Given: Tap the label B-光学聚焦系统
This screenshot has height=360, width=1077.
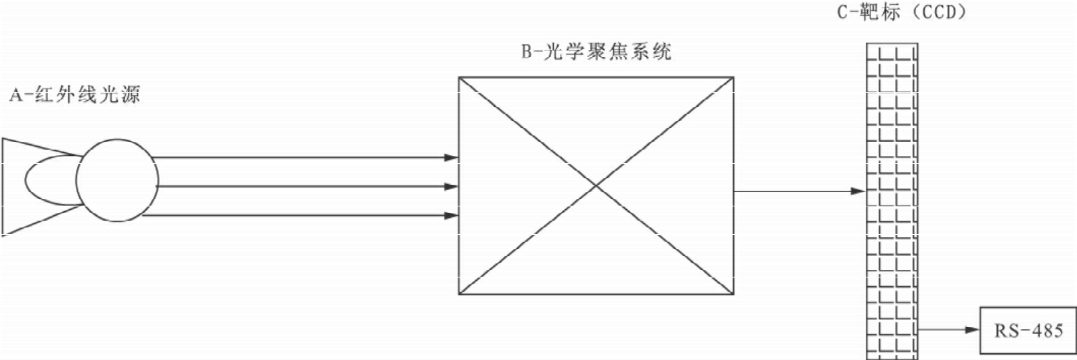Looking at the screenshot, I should click(x=596, y=52).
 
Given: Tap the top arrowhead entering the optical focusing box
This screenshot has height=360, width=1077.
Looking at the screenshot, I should click(x=451, y=158).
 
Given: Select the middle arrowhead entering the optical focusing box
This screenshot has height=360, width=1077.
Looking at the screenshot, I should click(x=451, y=186).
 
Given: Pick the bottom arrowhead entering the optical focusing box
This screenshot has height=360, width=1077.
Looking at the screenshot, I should click(x=451, y=216).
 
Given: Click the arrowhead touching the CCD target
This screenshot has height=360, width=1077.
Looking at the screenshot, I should click(x=858, y=192).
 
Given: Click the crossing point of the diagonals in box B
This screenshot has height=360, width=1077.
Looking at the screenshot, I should click(x=596, y=185).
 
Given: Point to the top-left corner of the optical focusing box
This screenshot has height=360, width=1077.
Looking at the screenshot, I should click(x=459, y=77).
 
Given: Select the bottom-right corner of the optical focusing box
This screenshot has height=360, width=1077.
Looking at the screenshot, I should click(x=734, y=294).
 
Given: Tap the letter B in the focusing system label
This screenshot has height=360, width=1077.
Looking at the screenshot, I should click(x=526, y=53).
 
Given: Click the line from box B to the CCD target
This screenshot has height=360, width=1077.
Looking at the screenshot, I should click(x=792, y=192).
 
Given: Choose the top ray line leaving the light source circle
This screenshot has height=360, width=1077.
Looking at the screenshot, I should click(x=298, y=158).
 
